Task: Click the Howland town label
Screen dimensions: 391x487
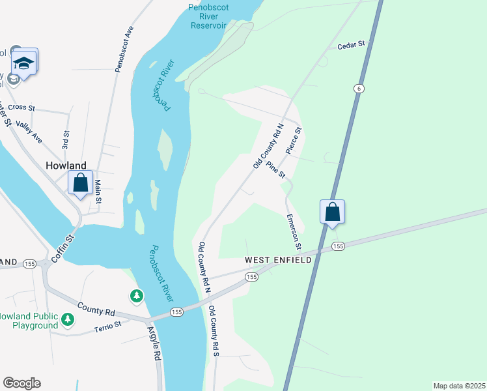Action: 66,166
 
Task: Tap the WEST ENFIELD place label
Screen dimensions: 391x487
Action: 278,259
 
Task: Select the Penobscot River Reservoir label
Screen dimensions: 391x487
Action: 208,16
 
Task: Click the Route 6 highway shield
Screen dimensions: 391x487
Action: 358,89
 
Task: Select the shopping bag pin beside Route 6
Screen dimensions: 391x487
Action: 332,212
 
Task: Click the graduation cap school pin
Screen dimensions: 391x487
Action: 24,63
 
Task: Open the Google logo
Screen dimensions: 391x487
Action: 21,383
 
